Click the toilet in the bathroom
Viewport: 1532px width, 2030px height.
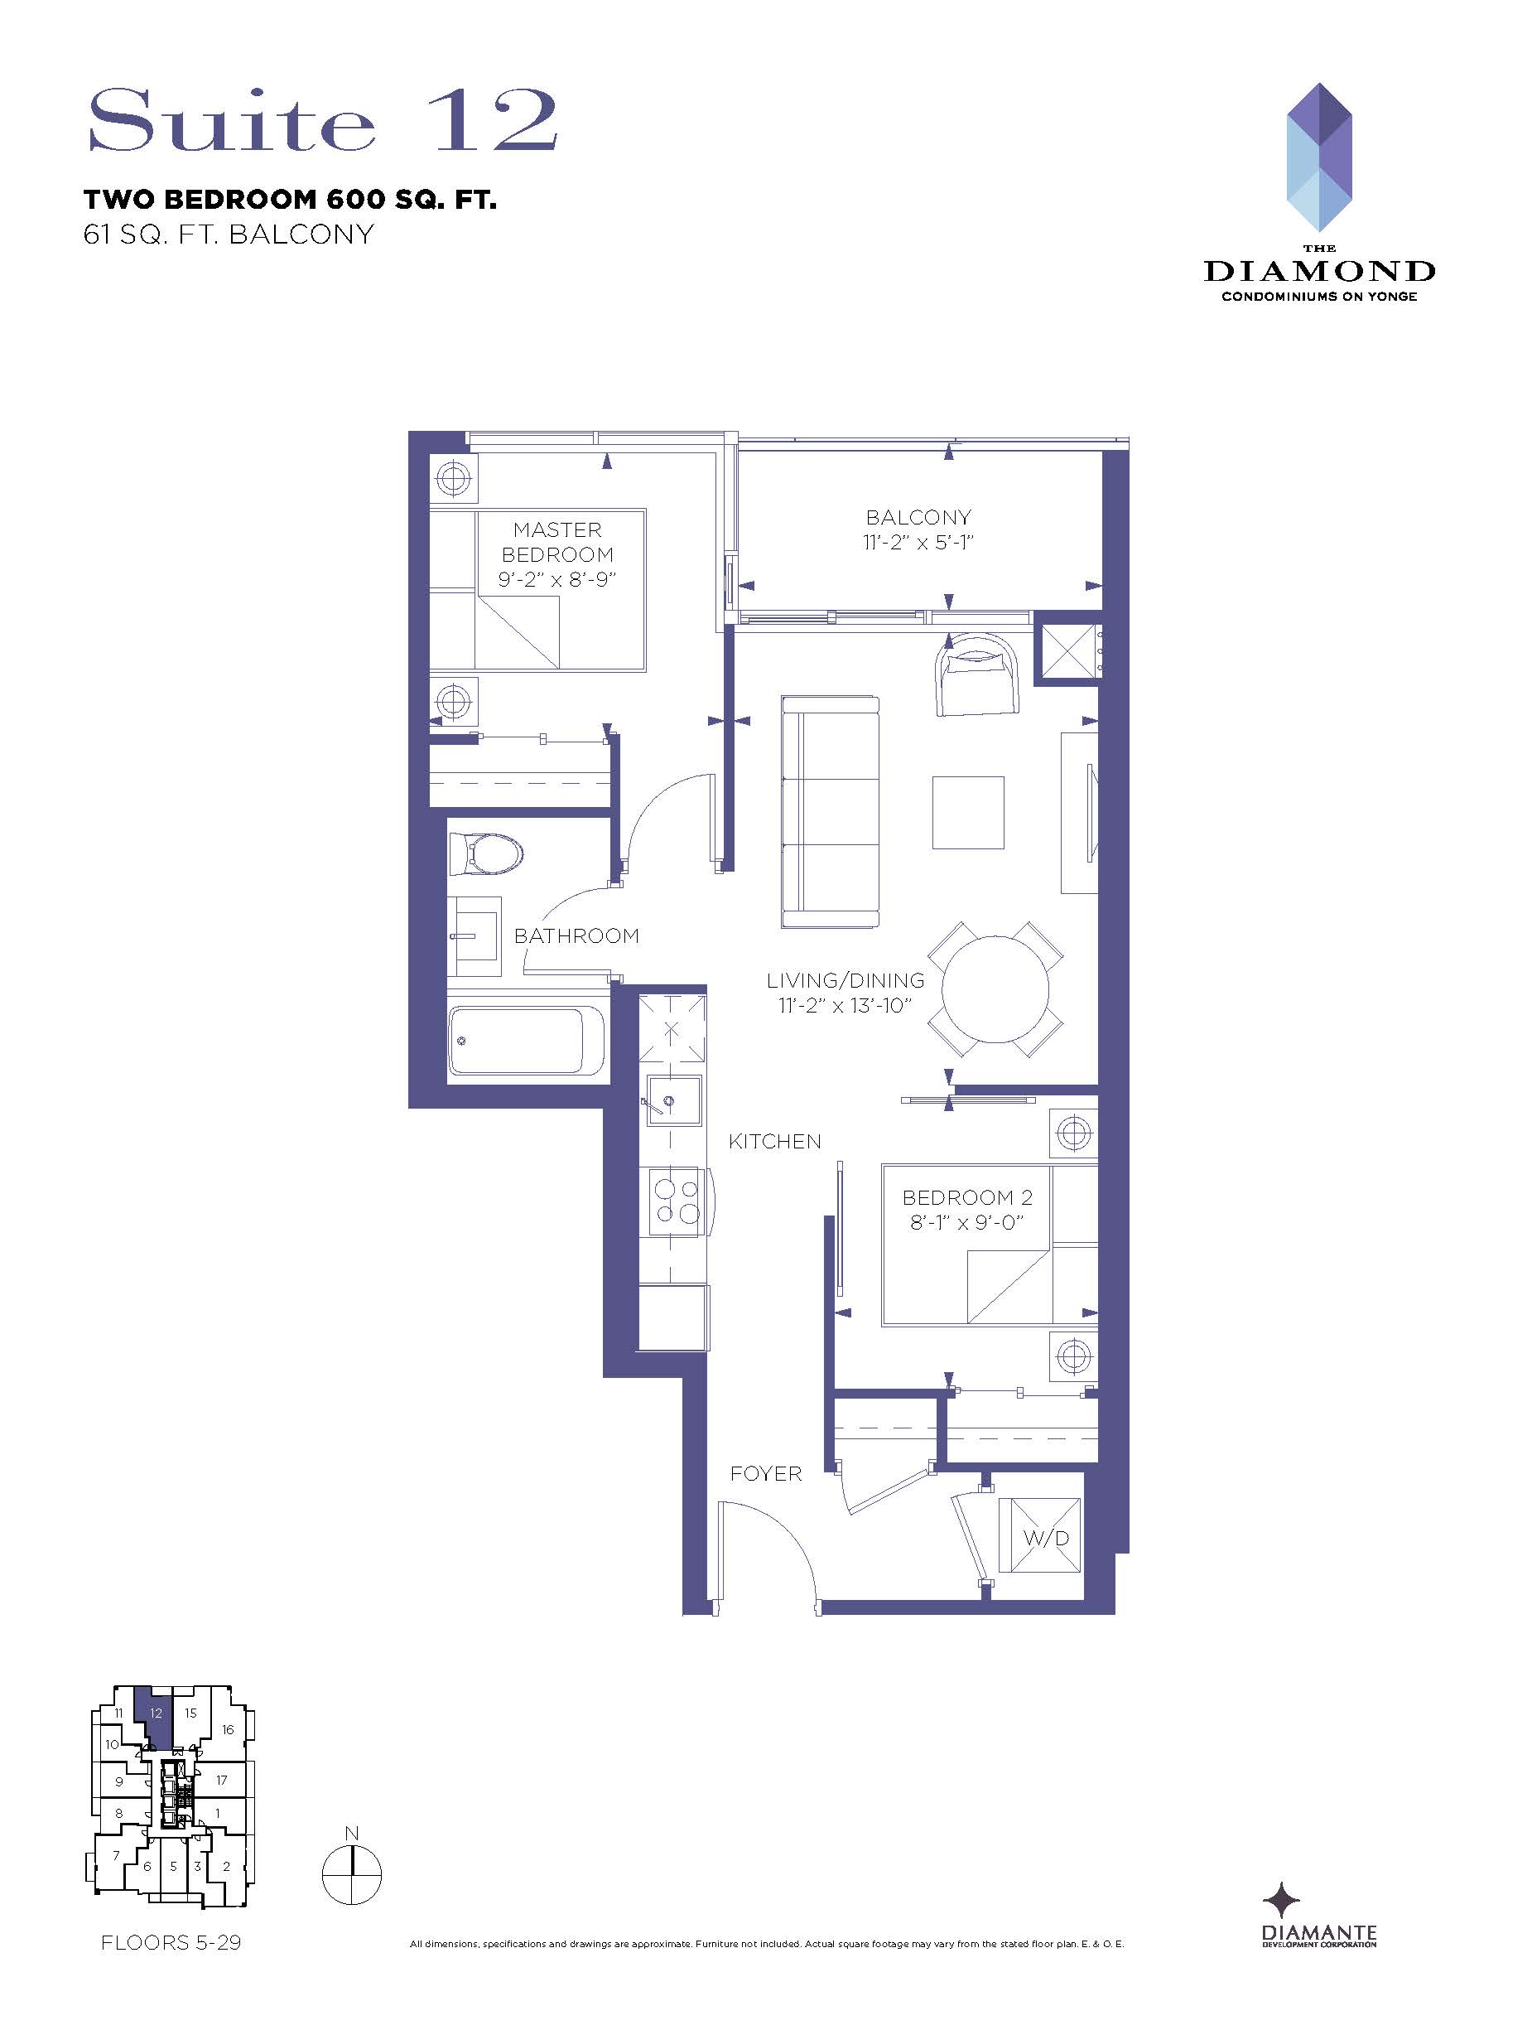click(484, 854)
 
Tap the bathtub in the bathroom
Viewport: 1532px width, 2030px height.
click(527, 1040)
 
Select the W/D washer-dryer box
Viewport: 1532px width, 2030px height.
click(1039, 1537)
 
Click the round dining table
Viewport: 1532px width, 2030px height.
click(995, 989)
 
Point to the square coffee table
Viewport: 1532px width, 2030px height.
click(968, 812)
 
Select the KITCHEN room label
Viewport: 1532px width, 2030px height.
click(774, 1141)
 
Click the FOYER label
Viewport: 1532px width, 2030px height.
click(766, 1473)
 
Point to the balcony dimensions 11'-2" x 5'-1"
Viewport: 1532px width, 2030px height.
click(918, 543)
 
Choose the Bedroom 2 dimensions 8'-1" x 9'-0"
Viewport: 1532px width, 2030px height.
click(967, 1221)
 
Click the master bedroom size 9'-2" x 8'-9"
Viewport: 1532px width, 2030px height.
click(556, 579)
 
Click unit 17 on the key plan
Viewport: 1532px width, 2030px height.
click(221, 1780)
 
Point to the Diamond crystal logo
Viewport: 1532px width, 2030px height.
click(1318, 157)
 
